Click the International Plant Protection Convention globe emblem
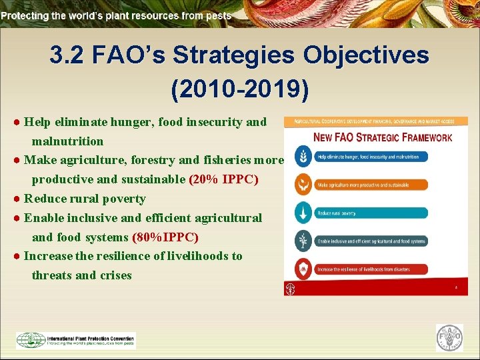point(31,340)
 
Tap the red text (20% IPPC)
point(224,179)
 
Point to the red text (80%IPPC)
point(165,237)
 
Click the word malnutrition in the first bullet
point(67,141)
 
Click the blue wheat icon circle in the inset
point(303,157)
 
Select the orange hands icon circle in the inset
point(303,185)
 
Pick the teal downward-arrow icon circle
point(303,213)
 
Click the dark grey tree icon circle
point(303,241)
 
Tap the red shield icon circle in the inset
point(303,269)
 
